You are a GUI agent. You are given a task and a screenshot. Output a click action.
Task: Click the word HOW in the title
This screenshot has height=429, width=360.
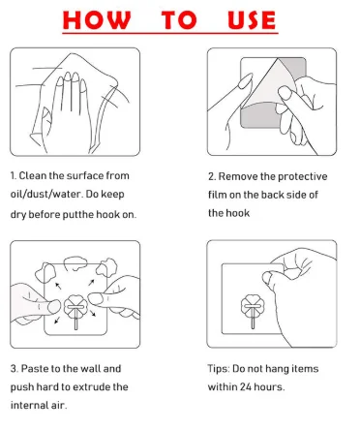click(x=97, y=20)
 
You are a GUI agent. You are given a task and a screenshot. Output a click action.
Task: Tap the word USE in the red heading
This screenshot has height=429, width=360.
click(x=252, y=20)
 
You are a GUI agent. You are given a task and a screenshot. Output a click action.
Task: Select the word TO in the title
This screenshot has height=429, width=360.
click(x=179, y=20)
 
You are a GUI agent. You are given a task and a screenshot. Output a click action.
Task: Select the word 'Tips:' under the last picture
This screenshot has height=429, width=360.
click(x=219, y=369)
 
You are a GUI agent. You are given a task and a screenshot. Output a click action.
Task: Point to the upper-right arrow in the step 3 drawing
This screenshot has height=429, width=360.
click(x=91, y=283)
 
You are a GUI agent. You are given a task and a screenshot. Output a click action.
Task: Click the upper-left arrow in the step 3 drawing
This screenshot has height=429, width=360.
click(x=58, y=286)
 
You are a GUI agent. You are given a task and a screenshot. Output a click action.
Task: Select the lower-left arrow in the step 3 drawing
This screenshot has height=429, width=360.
click(x=57, y=320)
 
